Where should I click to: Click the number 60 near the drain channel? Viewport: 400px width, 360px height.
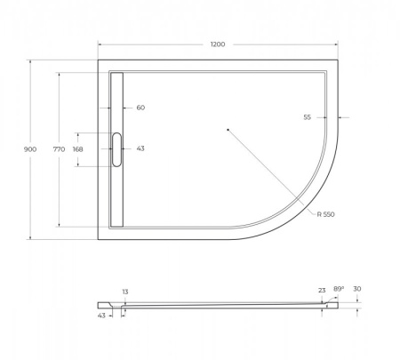pos(140,108)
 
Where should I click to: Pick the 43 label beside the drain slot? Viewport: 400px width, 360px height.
pos(140,148)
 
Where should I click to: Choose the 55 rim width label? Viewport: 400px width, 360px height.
pos(307,116)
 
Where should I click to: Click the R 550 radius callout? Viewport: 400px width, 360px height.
pos(326,214)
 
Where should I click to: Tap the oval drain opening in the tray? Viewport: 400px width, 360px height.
pos(116,148)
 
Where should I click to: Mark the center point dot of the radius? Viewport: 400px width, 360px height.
pos(228,131)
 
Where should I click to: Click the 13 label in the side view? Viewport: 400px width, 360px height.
pos(125,292)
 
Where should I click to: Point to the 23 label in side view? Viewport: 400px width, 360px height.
pos(322,290)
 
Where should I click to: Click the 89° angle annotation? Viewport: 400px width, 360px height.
pos(339,290)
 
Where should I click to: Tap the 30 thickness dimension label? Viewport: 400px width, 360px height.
pos(358,290)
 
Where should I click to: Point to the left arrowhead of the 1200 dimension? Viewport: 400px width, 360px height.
pos(100,44)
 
